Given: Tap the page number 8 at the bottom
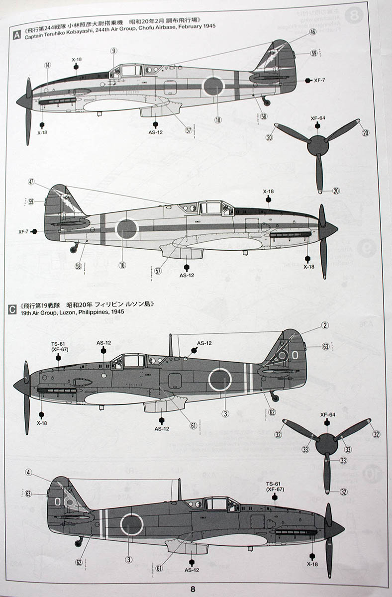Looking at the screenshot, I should click(193, 589).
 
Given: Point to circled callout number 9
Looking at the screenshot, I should click(114, 51).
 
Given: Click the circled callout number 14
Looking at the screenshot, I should click(47, 65).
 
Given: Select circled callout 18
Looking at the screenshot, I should click(217, 119).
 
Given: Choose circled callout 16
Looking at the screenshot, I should click(122, 265).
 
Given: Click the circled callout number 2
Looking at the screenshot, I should click(325, 325).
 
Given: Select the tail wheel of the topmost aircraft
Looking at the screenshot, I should click(266, 102).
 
